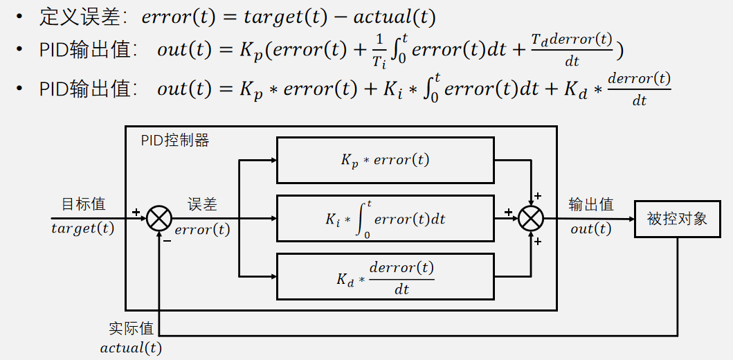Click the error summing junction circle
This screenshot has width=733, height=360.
click(x=159, y=219)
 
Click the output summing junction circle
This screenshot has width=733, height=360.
click(x=531, y=219)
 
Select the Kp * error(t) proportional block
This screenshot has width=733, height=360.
click(x=385, y=160)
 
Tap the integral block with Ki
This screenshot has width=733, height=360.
click(x=385, y=219)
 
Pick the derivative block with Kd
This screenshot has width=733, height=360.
click(x=385, y=276)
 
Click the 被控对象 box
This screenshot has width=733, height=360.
click(x=677, y=219)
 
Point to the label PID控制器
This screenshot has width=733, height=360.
click(x=174, y=141)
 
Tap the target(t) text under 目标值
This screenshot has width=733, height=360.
click(x=83, y=228)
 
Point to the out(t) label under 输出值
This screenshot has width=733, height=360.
click(x=590, y=228)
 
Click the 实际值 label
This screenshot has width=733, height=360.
click(x=131, y=328)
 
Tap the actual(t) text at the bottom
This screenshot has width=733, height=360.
click(x=131, y=348)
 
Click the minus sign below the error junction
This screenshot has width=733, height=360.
click(x=167, y=240)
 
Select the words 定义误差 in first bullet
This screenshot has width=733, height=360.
click(x=69, y=17)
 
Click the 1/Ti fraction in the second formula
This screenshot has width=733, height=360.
click(x=378, y=51)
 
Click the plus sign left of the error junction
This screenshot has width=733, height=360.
click(x=136, y=211)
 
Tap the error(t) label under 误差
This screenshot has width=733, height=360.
click(x=202, y=229)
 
